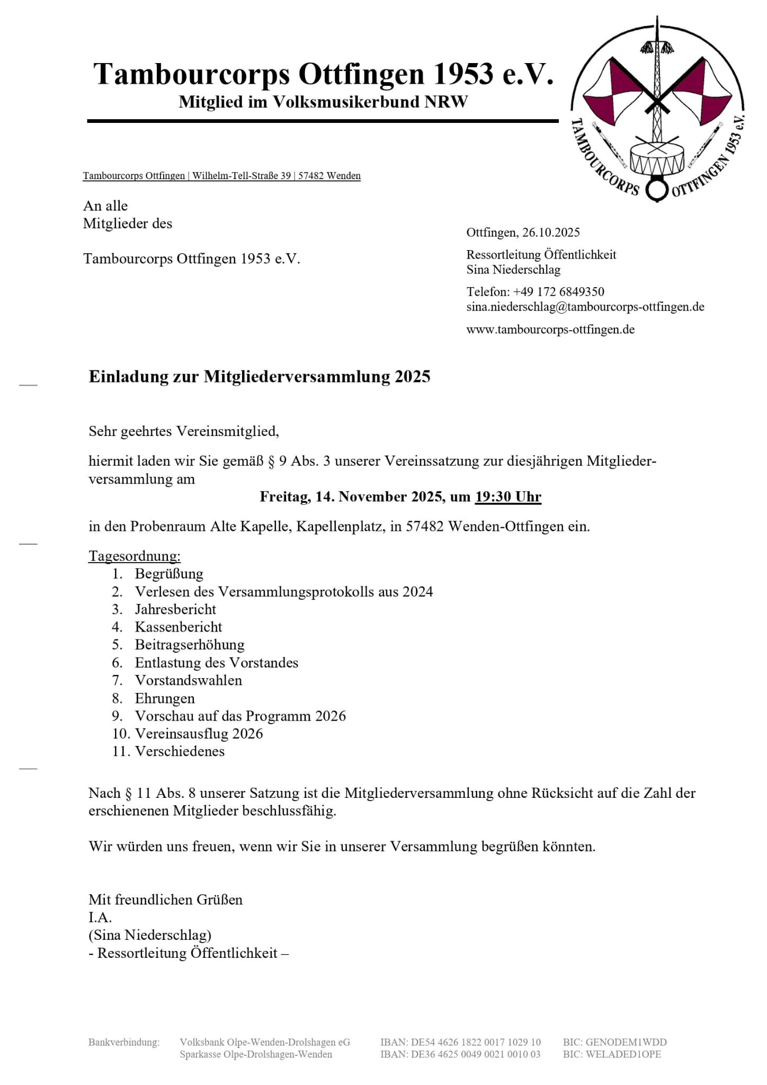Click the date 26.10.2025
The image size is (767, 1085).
point(551,233)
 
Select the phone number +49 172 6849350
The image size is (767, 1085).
point(558,292)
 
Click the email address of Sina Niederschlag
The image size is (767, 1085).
point(585,307)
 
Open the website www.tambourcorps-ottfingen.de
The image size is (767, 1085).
point(550,330)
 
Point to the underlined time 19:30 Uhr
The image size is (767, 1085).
point(508,497)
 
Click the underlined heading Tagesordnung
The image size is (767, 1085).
point(135,556)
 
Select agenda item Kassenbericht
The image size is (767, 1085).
point(179,627)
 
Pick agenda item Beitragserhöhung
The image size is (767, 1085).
point(190,645)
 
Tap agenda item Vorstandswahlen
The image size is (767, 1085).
point(188,680)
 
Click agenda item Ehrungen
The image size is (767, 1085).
point(165,698)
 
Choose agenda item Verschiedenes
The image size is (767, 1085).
point(180,751)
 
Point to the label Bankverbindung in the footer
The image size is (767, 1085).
point(124,1043)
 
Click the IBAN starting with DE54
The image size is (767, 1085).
point(460,1043)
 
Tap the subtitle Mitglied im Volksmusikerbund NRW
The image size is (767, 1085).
point(323,102)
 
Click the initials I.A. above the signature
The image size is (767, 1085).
point(100,918)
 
